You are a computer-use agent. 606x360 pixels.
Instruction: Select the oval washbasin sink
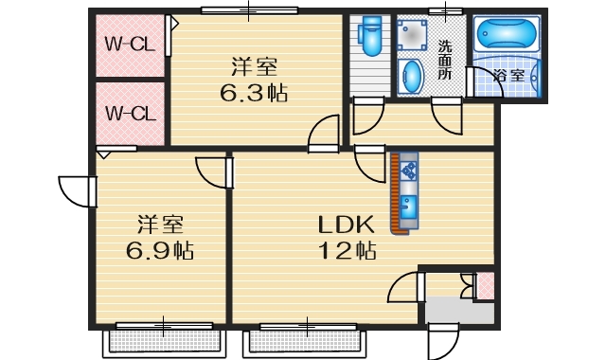(411, 76)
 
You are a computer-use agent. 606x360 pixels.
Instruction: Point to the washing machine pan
(413, 36)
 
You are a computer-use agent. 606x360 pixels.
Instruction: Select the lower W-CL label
(130, 114)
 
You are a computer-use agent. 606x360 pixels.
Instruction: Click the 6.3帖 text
(256, 94)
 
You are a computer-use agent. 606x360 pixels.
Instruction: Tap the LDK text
(347, 225)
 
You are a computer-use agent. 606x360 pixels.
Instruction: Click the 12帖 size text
(347, 251)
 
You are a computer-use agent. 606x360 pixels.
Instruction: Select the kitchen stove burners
(410, 171)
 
